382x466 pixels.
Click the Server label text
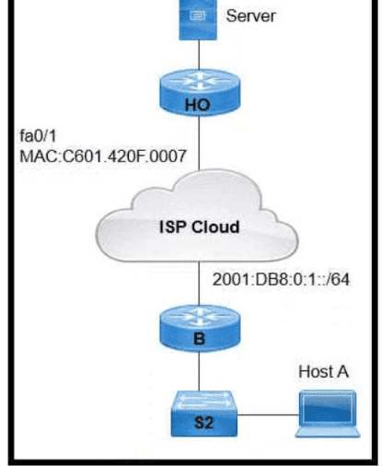(250, 16)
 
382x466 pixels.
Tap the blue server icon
(198, 19)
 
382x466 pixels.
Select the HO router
(200, 92)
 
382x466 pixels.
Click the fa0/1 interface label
(38, 135)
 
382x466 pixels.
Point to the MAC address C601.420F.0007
(103, 156)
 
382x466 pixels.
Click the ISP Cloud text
(200, 227)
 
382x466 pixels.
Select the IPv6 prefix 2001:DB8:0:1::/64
(281, 280)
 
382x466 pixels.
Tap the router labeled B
(200, 328)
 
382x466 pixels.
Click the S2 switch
(204, 414)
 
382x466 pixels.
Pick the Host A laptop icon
(328, 414)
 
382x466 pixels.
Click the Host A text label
(323, 372)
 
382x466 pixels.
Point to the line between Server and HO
(199, 54)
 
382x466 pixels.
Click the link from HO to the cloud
(199, 143)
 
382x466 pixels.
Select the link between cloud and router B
(199, 284)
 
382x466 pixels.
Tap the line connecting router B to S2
(199, 371)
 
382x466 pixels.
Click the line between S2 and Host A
(268, 415)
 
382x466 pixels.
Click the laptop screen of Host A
(328, 409)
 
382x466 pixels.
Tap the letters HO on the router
(198, 105)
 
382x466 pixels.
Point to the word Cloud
(215, 227)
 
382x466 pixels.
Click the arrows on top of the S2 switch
(204, 399)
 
